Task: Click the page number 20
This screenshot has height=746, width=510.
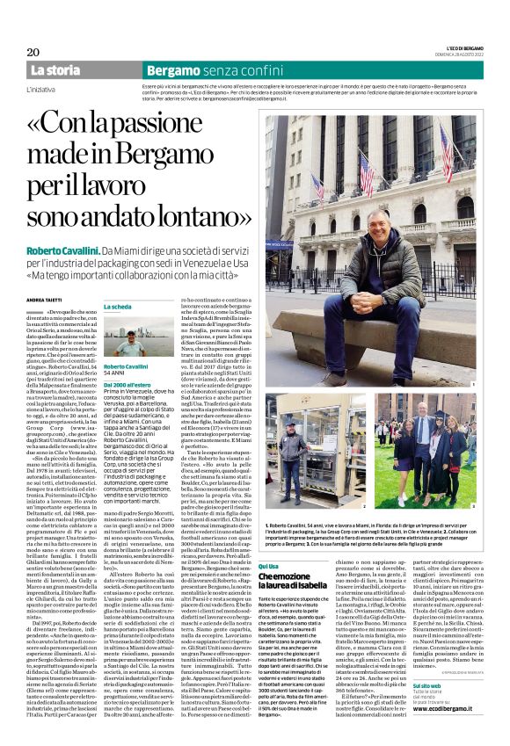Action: coord(34,52)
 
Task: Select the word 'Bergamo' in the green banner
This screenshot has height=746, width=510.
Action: coord(173,69)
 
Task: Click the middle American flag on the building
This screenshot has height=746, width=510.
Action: coord(366,163)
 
